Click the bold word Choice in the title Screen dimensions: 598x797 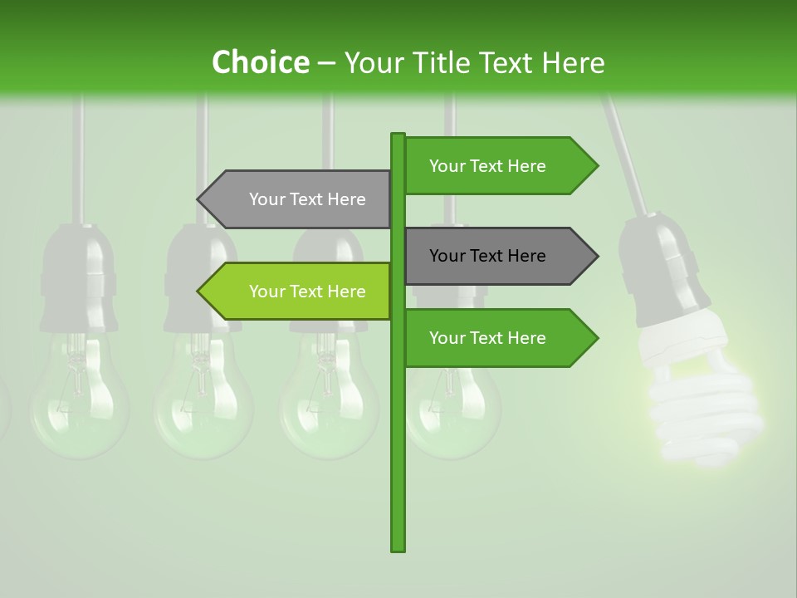click(260, 63)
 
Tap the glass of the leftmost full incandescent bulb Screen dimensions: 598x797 click(79, 407)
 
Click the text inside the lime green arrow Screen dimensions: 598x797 click(307, 292)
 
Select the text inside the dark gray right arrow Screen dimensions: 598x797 click(487, 256)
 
